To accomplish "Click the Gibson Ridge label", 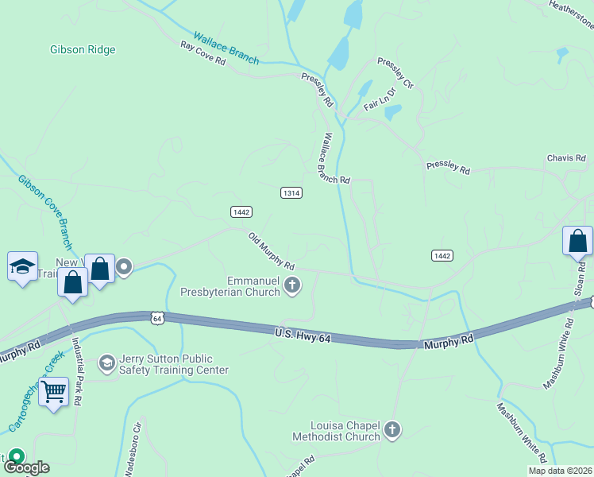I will (x=83, y=49).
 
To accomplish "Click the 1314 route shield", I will (x=291, y=193).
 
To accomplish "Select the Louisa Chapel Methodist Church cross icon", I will (x=391, y=430).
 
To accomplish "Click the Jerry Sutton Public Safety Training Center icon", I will (x=106, y=363).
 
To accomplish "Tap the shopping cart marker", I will (x=53, y=391).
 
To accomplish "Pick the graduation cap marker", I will (x=22, y=266).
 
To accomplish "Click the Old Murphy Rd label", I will (x=272, y=251).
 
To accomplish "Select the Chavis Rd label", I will (x=565, y=158).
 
